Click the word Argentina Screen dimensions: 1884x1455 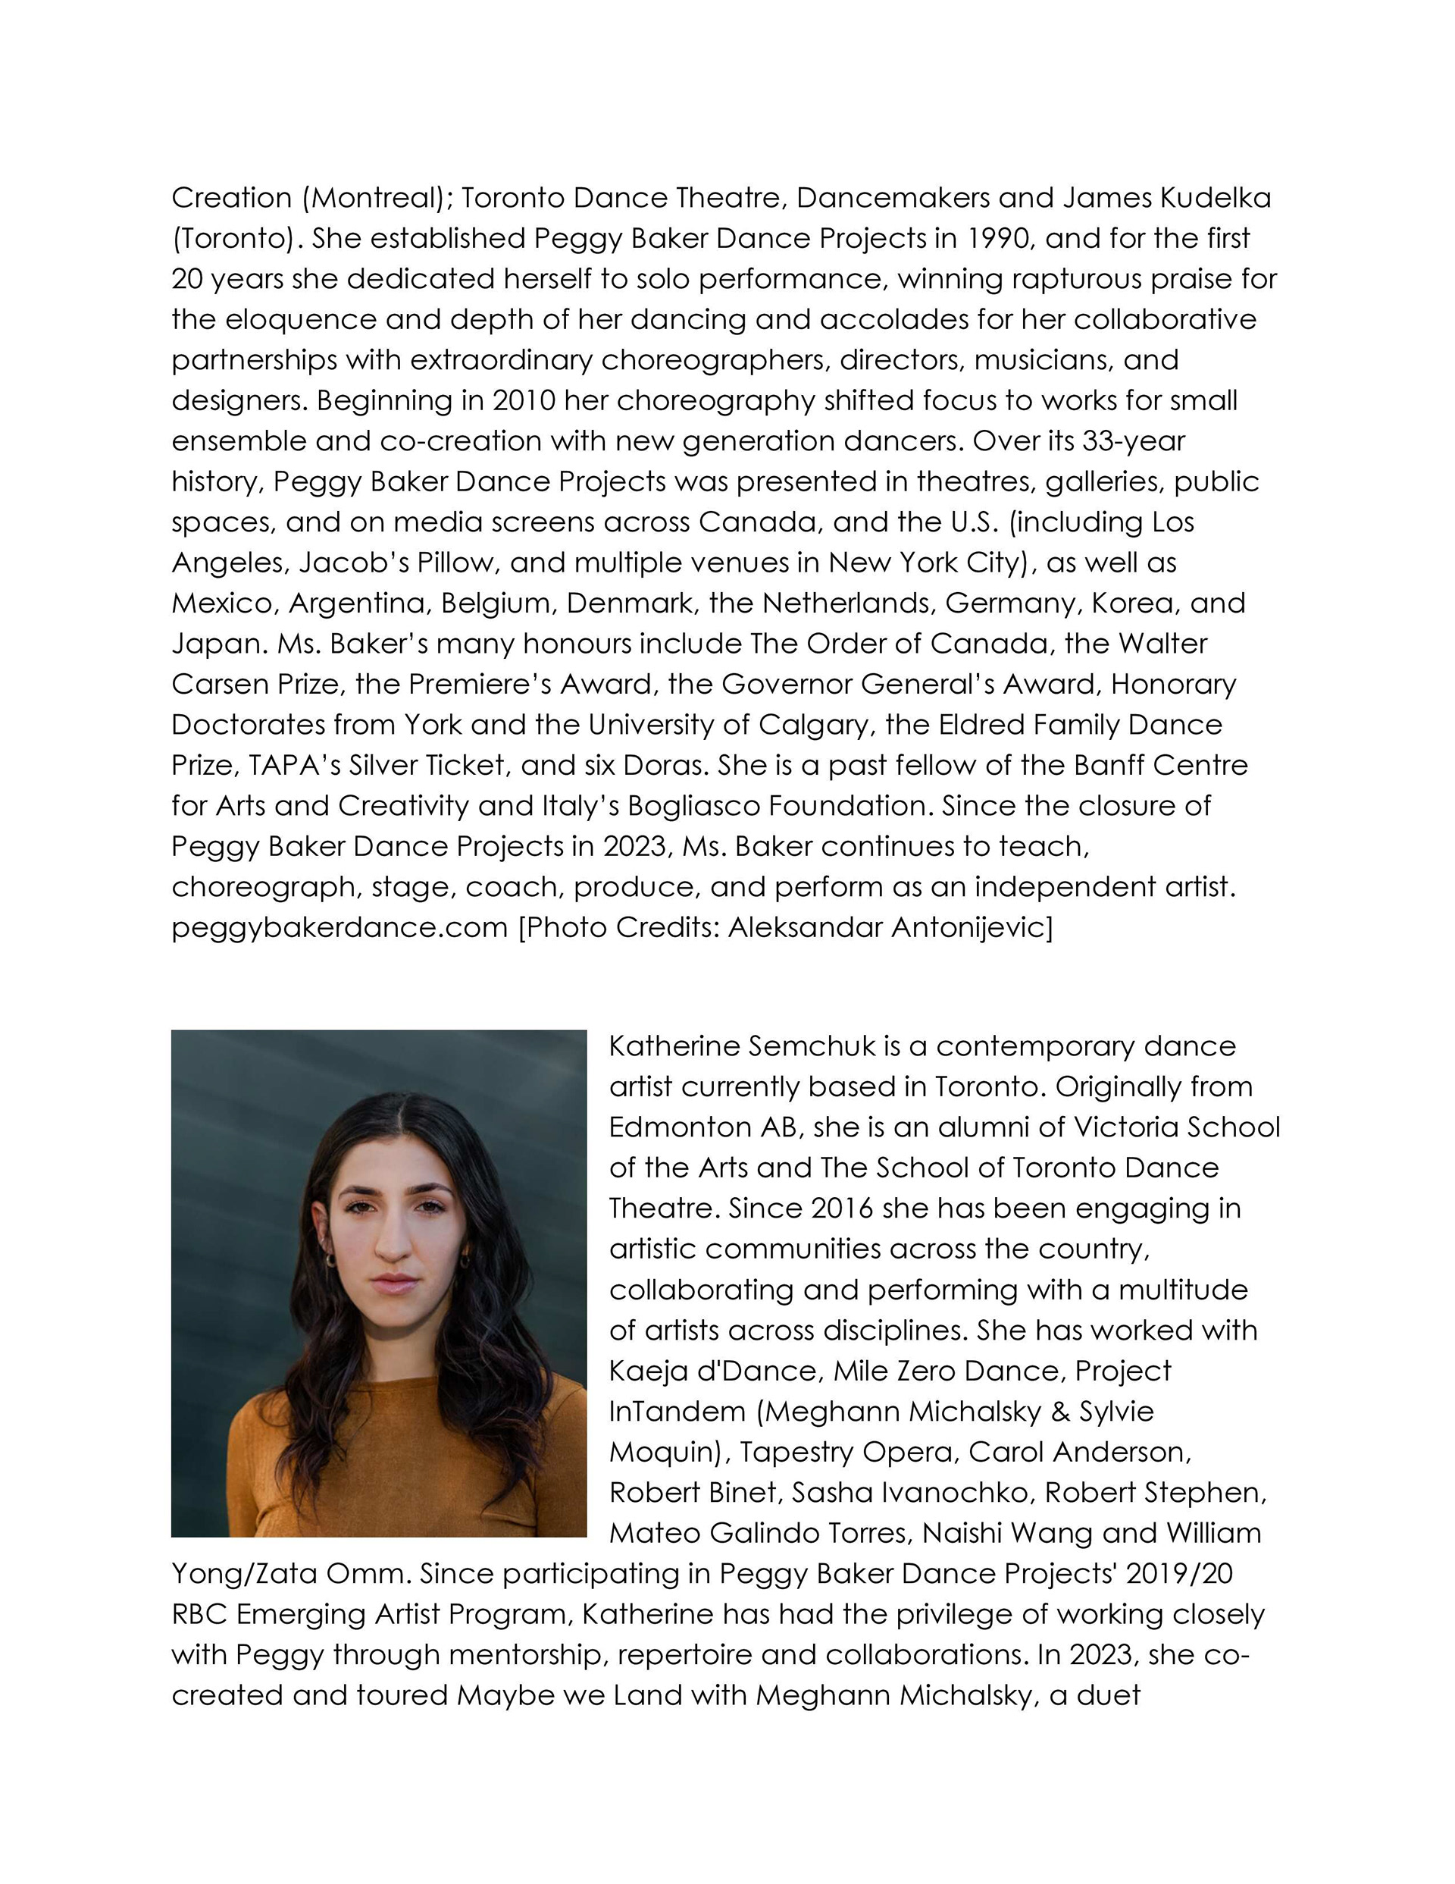point(358,603)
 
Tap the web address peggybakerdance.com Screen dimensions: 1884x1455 point(339,927)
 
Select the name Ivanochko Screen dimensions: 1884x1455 point(945,1492)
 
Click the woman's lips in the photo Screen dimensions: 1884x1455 point(393,1284)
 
